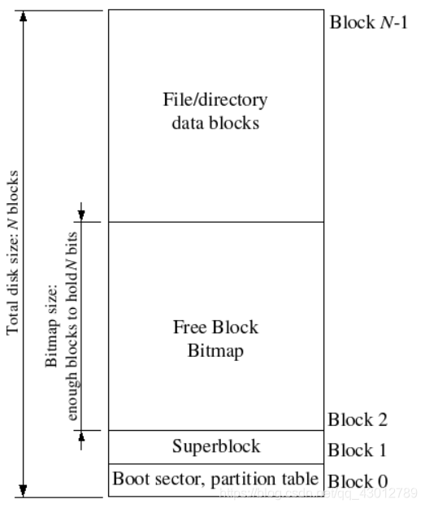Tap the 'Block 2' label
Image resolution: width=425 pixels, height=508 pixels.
click(x=358, y=420)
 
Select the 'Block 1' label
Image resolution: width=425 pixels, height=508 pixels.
click(x=358, y=450)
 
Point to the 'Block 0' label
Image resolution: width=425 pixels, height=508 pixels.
click(x=358, y=480)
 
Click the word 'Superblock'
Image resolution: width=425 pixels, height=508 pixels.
click(x=216, y=446)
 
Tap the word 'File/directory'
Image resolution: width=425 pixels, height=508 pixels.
click(x=215, y=101)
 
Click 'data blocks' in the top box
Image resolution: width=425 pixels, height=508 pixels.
click(x=215, y=123)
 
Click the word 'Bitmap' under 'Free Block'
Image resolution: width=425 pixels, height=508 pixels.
click(x=215, y=351)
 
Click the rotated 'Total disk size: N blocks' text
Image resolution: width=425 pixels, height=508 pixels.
click(x=13, y=252)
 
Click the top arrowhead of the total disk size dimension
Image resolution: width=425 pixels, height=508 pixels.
click(x=24, y=16)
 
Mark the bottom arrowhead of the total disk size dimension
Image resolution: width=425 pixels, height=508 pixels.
click(x=24, y=490)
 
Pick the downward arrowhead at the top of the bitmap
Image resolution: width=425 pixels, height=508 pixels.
click(x=81, y=215)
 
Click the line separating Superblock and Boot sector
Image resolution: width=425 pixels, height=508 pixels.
click(x=215, y=463)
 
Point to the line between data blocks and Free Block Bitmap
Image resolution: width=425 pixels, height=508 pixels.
click(x=215, y=222)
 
